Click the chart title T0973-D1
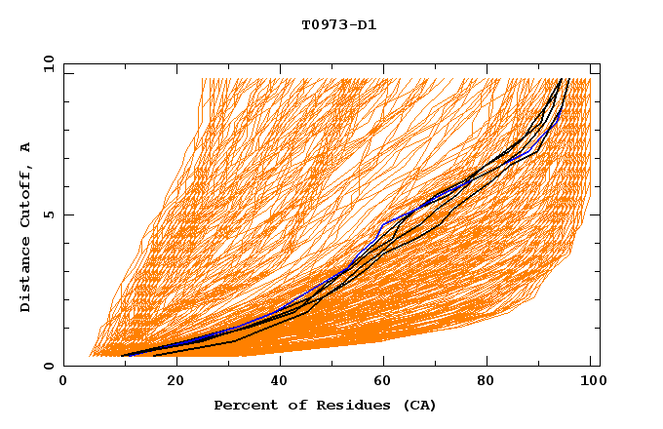coord(338,25)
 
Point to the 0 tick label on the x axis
coord(63,382)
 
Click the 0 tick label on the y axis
coord(50,366)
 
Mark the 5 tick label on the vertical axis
coord(50,214)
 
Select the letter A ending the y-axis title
coord(26,147)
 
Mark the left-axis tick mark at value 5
coord(66,214)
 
